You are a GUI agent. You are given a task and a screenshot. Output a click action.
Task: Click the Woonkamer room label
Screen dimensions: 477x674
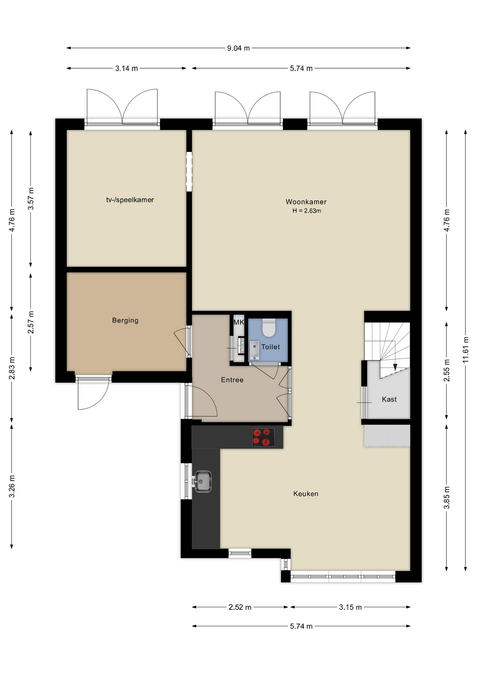pyautogui.click(x=306, y=202)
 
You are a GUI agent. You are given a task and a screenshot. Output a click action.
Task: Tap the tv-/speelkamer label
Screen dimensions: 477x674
pyautogui.click(x=130, y=200)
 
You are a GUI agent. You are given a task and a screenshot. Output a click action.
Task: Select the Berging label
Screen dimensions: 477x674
pyautogui.click(x=125, y=320)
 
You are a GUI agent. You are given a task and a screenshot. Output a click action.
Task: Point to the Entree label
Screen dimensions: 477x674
pyautogui.click(x=232, y=380)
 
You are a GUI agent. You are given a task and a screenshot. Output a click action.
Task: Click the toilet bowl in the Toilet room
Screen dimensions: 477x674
pyautogui.click(x=269, y=327)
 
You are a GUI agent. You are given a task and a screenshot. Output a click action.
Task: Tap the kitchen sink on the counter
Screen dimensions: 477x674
pyautogui.click(x=202, y=481)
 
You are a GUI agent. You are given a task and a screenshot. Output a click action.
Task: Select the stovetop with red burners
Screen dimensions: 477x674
pyautogui.click(x=263, y=437)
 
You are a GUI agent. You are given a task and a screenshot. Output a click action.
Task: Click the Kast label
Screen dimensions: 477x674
pyautogui.click(x=389, y=399)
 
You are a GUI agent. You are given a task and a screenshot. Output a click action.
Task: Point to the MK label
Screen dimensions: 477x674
pyautogui.click(x=239, y=322)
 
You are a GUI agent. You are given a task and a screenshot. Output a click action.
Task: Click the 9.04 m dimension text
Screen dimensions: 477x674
pyautogui.click(x=238, y=48)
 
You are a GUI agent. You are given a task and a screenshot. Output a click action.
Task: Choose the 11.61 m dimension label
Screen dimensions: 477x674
pyautogui.click(x=466, y=350)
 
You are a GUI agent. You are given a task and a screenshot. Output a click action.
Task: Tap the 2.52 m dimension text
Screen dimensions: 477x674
pyautogui.click(x=240, y=607)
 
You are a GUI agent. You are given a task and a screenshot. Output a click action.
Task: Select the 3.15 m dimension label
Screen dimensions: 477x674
pyautogui.click(x=350, y=607)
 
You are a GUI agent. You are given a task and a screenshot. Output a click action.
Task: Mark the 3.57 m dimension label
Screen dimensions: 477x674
pyautogui.click(x=31, y=199)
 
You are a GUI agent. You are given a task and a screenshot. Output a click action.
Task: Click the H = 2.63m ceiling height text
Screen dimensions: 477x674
pyautogui.click(x=307, y=211)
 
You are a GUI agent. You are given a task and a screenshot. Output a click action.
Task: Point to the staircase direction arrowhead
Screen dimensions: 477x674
pyautogui.click(x=395, y=367)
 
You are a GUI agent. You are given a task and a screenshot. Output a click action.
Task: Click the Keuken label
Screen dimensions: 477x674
pyautogui.click(x=306, y=494)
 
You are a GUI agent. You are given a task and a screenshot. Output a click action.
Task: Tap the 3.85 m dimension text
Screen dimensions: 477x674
pyautogui.click(x=447, y=497)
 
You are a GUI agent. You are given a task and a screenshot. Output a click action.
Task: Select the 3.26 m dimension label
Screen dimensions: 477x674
pyautogui.click(x=12, y=486)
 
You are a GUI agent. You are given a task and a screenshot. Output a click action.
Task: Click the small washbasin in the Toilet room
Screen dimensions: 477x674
pyautogui.click(x=255, y=350)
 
